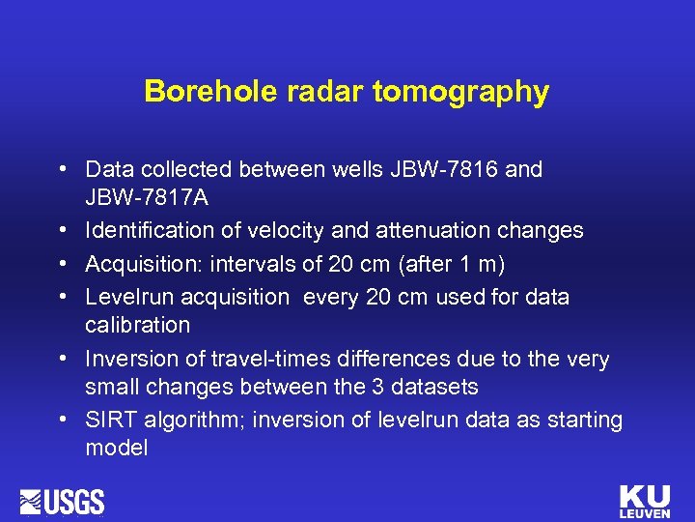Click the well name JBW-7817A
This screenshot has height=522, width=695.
click(x=146, y=199)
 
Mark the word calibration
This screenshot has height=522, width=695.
click(x=138, y=325)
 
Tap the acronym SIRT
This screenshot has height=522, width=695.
click(x=109, y=420)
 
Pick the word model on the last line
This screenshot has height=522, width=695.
click(x=116, y=449)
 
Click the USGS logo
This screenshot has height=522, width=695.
click(x=64, y=502)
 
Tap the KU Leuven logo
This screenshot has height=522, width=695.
click(x=645, y=501)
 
